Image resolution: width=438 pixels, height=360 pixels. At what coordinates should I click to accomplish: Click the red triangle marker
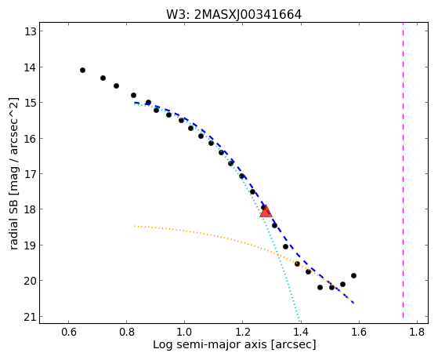[x=266, y=211]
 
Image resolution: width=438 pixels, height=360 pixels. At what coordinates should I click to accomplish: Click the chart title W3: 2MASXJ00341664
[x=233, y=15]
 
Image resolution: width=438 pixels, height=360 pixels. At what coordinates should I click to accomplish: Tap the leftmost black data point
[x=82, y=71]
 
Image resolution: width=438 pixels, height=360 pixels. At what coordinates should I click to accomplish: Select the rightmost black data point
[x=353, y=276]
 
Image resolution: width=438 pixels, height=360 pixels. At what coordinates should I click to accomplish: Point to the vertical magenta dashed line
[x=403, y=170]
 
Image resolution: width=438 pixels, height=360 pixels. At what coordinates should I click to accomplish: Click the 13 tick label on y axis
[x=31, y=31]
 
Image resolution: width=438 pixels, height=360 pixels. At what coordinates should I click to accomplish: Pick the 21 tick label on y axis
[x=31, y=317]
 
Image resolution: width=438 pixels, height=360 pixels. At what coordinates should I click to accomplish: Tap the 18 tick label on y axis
[x=31, y=209]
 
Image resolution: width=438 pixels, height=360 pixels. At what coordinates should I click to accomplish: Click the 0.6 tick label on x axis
[x=69, y=333]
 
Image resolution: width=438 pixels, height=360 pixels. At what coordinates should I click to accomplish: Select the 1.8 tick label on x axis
[x=417, y=333]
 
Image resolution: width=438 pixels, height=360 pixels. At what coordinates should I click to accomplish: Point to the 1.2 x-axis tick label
[x=242, y=333]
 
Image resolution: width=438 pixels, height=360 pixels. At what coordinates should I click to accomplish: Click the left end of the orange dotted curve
[x=135, y=226]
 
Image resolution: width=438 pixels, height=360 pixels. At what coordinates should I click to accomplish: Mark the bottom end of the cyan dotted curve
[x=300, y=321]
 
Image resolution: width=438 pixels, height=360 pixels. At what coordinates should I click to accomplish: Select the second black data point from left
[x=103, y=78]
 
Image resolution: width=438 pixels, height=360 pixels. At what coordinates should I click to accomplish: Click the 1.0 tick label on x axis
[x=184, y=333]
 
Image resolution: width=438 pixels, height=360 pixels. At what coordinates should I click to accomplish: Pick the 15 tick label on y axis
[x=31, y=103]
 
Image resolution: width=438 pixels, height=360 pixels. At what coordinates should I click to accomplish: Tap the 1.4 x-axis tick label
[x=301, y=333]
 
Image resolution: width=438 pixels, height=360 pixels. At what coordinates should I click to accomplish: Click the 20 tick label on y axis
[x=31, y=281]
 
